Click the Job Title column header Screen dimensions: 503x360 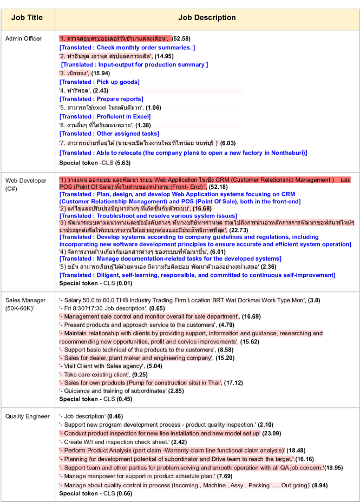[x=27, y=18]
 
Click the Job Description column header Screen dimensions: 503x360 [x=207, y=18]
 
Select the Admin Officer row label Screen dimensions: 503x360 [x=23, y=39]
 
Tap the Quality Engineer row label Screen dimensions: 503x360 [x=27, y=416]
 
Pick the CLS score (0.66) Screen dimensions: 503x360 [x=122, y=494]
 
